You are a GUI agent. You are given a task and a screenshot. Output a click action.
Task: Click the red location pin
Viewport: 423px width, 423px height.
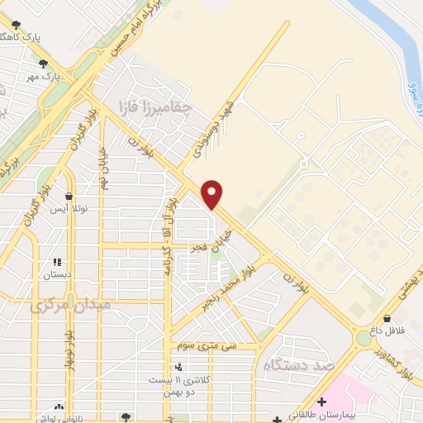(x=213, y=193)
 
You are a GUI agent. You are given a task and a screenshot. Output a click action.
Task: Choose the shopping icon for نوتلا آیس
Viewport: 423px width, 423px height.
(x=69, y=197)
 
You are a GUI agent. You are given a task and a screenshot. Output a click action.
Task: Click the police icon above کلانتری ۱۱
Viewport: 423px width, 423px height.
(x=178, y=367)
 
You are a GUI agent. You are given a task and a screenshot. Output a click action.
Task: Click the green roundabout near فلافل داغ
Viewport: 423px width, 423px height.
(x=364, y=338)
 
